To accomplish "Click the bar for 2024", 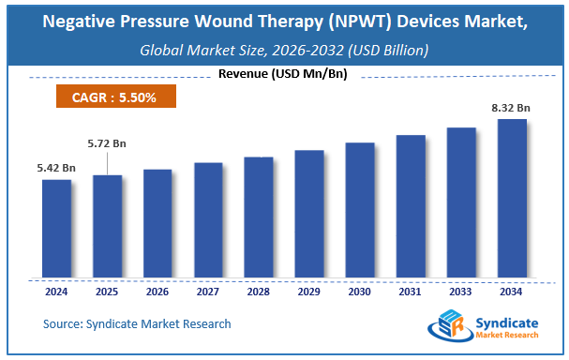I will (57, 229).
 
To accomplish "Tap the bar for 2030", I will (360, 210).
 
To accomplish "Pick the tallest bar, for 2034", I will (512, 199).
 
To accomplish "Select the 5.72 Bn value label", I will (107, 143).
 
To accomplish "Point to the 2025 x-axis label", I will (107, 291).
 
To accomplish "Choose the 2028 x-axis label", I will (259, 291).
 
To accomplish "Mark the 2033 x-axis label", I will (461, 291).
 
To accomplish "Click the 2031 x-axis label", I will (411, 291).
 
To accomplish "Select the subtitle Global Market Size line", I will (284, 51).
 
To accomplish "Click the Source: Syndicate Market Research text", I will (137, 324).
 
